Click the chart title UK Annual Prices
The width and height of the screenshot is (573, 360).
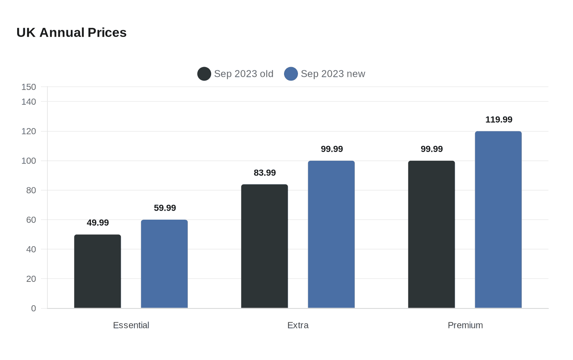71,33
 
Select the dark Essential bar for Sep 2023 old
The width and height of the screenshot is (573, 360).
97,271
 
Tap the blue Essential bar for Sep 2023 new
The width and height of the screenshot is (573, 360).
164,264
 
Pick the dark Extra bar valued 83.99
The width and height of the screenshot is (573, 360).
264,246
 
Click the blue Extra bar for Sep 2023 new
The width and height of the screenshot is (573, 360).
331,234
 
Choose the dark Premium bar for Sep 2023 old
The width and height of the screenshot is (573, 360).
431,234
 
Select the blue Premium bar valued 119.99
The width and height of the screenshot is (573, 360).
499,220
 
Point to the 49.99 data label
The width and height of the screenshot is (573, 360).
98,223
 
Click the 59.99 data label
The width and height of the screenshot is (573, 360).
165,208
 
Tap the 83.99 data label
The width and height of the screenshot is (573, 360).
265,173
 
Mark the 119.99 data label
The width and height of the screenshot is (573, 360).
499,119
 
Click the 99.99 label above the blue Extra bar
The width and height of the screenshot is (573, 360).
332,149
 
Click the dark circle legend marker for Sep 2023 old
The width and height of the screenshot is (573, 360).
204,74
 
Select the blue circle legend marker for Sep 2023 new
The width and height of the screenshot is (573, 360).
291,74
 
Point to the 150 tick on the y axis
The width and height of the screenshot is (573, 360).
29,87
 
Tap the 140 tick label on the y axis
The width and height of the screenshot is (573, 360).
29,102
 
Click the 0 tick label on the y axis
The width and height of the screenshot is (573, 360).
34,308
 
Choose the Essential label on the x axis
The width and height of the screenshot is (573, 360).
131,325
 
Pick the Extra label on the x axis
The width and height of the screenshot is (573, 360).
298,325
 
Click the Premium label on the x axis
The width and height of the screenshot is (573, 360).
465,325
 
